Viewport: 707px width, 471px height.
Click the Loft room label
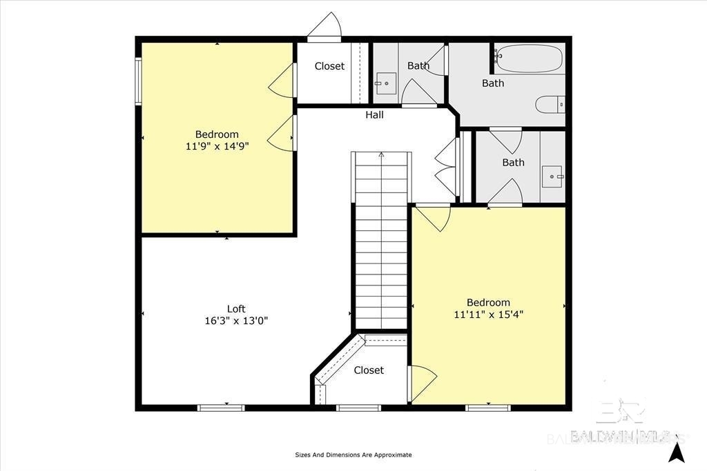pyautogui.click(x=236, y=309)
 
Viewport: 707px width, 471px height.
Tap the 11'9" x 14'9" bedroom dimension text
pyautogui.click(x=217, y=146)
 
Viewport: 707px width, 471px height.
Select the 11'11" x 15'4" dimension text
pyautogui.click(x=488, y=314)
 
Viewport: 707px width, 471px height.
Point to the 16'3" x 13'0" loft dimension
pyautogui.click(x=236, y=321)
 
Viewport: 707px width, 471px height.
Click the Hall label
pyautogui.click(x=374, y=115)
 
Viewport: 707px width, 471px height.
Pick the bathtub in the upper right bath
pyautogui.click(x=529, y=59)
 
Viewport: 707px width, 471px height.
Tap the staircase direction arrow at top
pyautogui.click(x=381, y=154)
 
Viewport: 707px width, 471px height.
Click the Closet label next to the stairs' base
pyautogui.click(x=369, y=370)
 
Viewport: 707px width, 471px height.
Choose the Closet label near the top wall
pyautogui.click(x=329, y=66)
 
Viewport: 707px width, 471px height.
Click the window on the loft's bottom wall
pyautogui.click(x=221, y=408)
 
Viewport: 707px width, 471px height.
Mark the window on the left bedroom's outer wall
pyautogui.click(x=138, y=81)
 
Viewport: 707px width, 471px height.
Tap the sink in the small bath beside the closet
pyautogui.click(x=385, y=83)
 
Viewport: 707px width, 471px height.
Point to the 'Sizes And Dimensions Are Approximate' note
pyautogui.click(x=353, y=454)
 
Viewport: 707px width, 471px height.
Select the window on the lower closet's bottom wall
pyautogui.click(x=359, y=408)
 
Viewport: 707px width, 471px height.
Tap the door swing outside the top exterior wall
pyautogui.click(x=325, y=27)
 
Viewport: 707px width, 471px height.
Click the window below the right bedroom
pyautogui.click(x=488, y=408)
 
